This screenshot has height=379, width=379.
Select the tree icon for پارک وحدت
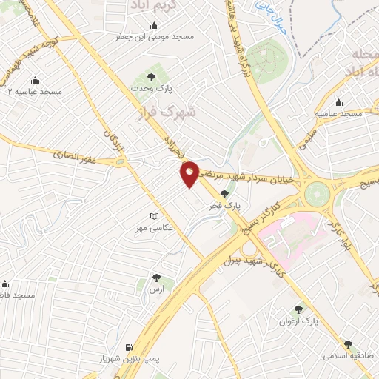click(x=152, y=76)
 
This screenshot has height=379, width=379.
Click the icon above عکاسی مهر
click(x=154, y=216)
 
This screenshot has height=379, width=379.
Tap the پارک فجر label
click(x=224, y=204)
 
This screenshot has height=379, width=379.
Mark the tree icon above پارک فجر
click(x=224, y=192)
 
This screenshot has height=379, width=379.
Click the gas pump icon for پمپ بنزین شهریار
click(x=130, y=347)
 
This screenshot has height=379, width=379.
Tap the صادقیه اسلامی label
click(x=348, y=355)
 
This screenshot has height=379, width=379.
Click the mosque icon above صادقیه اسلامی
click(x=348, y=344)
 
